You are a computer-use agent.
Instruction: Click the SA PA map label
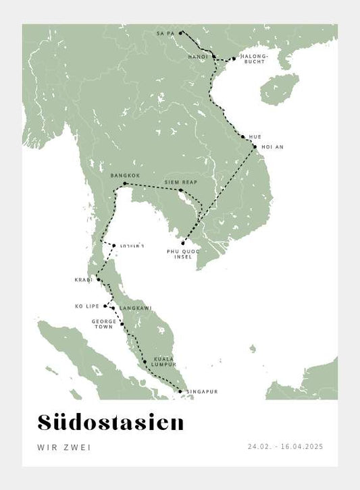click(165, 32)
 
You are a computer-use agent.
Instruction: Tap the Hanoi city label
click(198, 57)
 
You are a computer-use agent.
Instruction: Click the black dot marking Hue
click(243, 136)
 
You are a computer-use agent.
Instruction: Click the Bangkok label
click(125, 175)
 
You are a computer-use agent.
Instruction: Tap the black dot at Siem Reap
click(180, 191)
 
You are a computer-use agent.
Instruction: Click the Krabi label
click(84, 279)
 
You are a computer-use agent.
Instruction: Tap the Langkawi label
click(136, 308)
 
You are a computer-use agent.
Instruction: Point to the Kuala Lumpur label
click(163, 361)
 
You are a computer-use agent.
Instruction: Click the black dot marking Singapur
click(180, 391)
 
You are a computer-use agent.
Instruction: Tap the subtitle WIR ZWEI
click(64, 447)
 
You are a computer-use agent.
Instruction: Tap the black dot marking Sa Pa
click(180, 32)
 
